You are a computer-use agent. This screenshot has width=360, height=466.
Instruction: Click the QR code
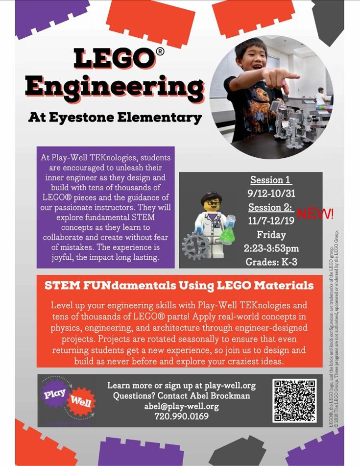click(x=294, y=400)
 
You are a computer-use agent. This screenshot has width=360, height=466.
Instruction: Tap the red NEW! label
click(x=315, y=214)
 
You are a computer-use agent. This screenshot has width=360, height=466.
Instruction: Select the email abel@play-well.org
click(x=181, y=406)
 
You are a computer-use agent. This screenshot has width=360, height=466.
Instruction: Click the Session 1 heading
click(x=267, y=180)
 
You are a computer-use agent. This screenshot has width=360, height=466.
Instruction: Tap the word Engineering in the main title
click(x=114, y=89)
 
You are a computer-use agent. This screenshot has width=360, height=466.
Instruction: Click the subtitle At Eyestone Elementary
click(x=115, y=118)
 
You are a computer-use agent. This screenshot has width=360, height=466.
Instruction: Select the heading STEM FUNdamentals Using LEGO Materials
click(x=179, y=285)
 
